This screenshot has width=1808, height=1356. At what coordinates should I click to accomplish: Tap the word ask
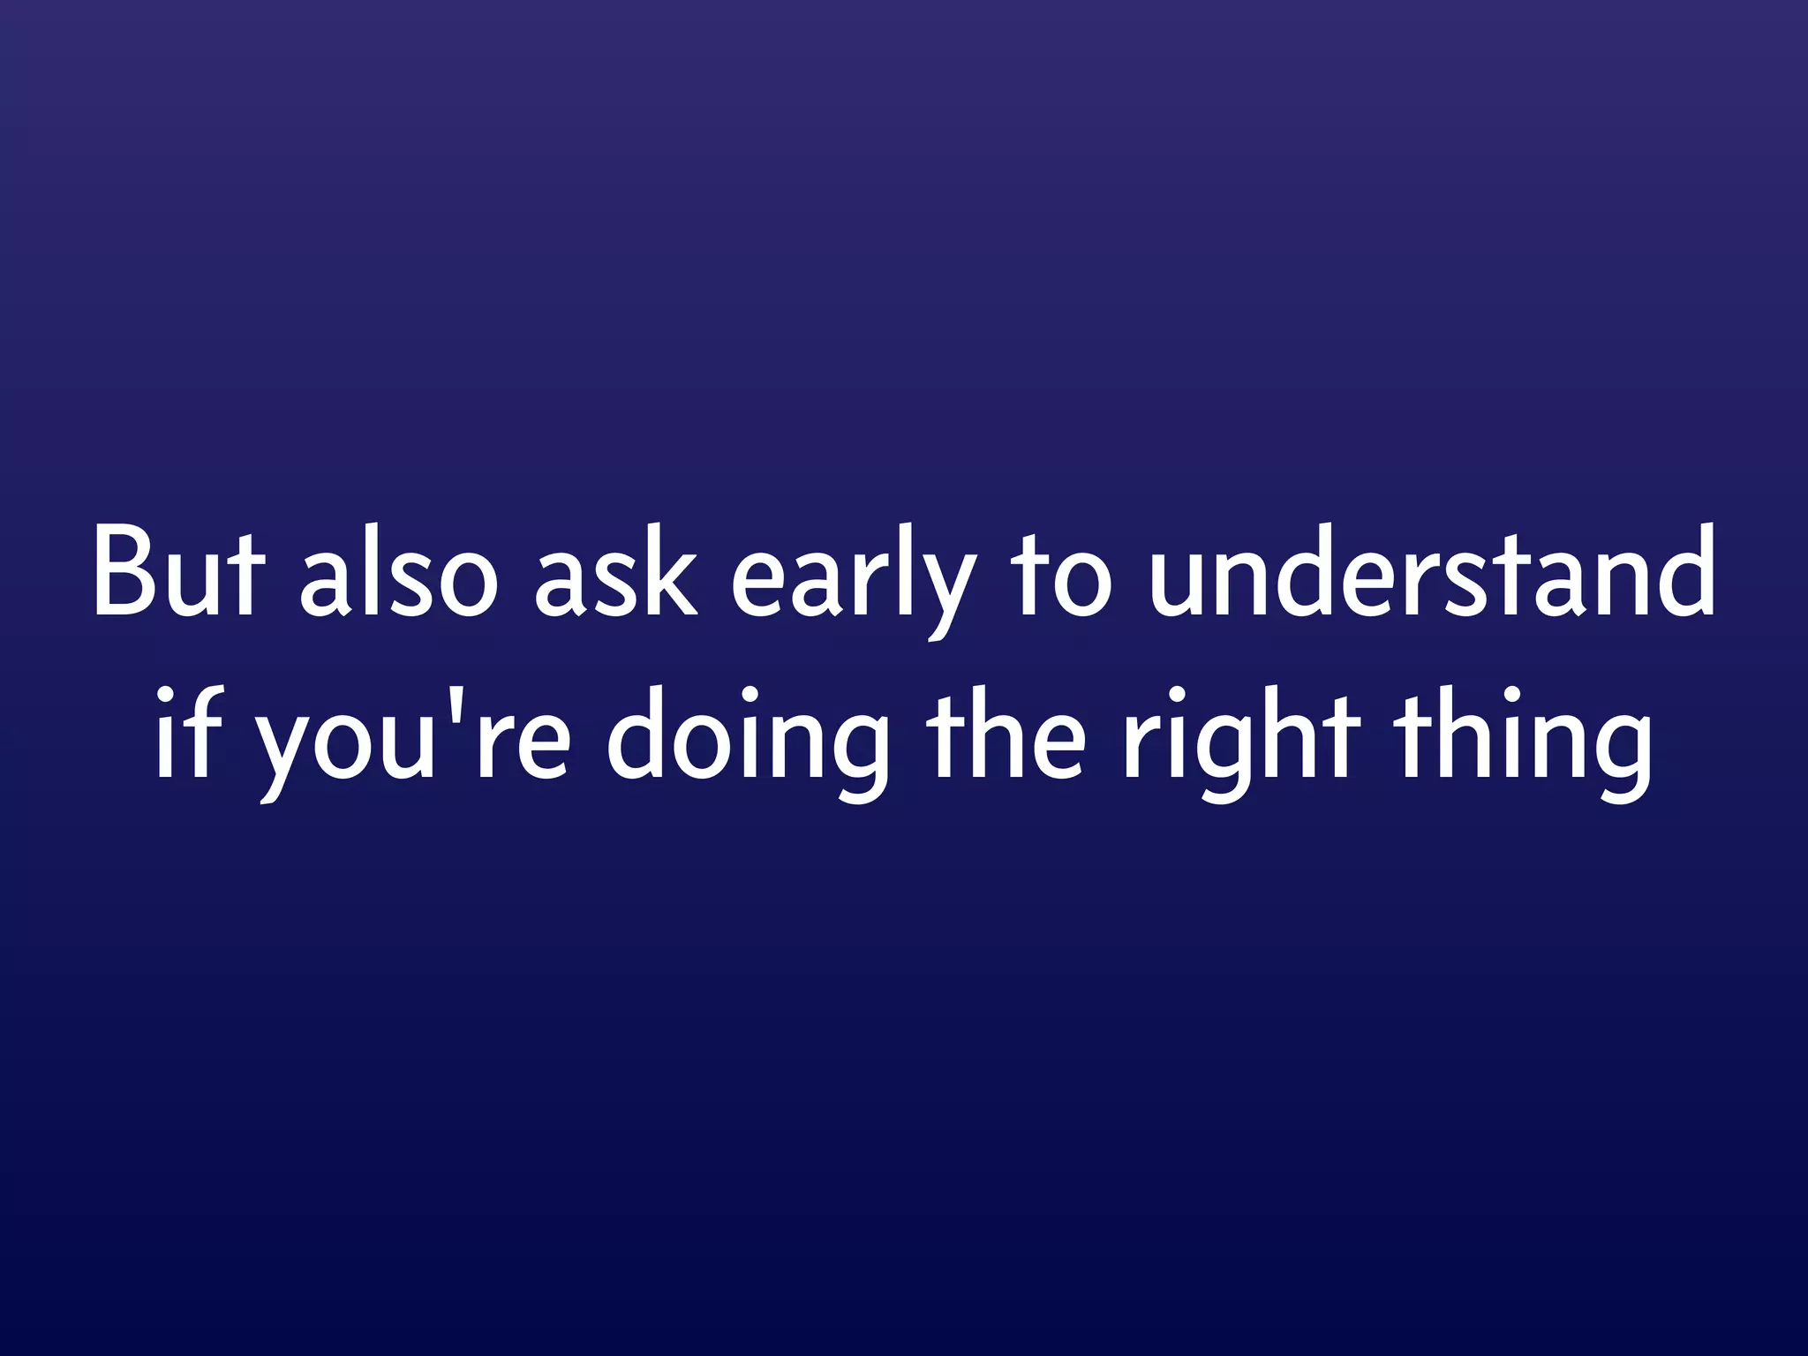(615, 572)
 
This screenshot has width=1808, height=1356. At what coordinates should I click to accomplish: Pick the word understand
(1432, 572)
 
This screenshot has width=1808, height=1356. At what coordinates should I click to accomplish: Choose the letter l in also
(363, 569)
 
